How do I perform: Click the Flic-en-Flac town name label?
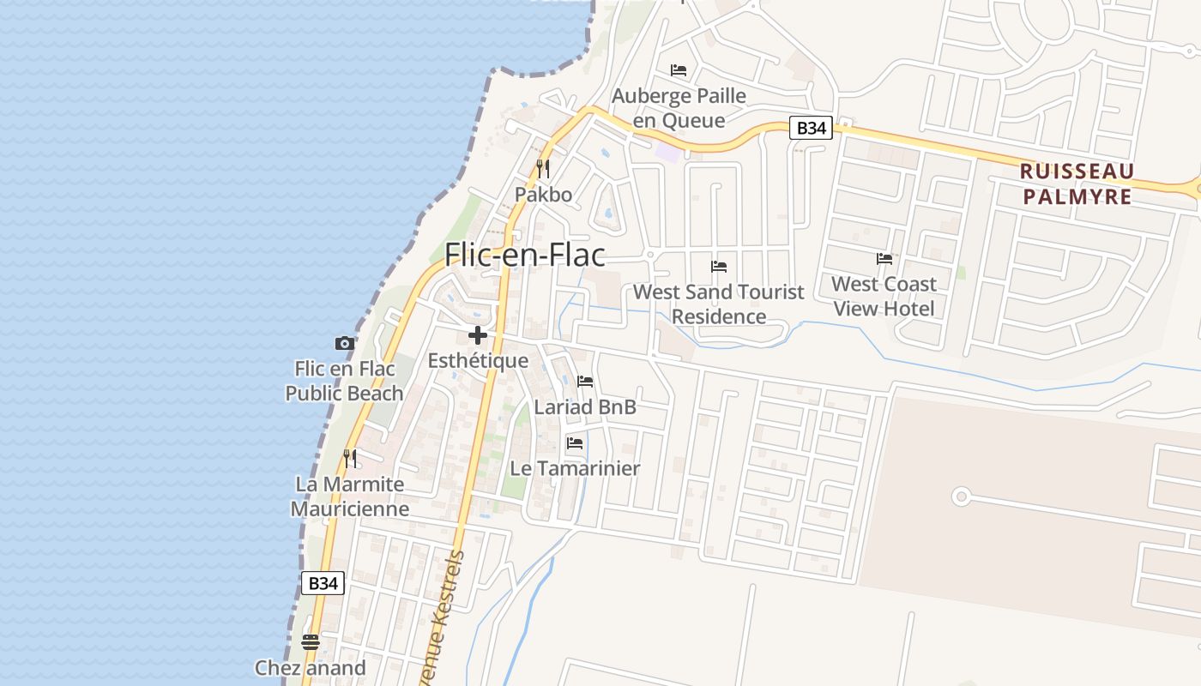524,255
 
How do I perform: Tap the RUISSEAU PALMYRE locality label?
1077,184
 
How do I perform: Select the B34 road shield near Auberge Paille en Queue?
811,129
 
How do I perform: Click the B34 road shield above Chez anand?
323,583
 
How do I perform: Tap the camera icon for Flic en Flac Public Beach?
345,343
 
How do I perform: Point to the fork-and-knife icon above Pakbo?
542,168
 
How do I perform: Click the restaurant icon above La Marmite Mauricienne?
349,458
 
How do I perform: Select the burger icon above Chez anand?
311,641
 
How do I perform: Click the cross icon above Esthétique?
478,335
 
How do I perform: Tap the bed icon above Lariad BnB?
585,381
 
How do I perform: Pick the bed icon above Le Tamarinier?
575,443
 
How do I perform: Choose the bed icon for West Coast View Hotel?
884,258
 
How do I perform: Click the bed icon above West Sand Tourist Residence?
719,267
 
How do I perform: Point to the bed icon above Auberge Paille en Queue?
679,69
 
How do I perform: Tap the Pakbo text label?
543,195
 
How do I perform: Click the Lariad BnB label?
585,406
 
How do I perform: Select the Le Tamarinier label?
575,468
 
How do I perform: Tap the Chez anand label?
311,667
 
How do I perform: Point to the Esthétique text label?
478,360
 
